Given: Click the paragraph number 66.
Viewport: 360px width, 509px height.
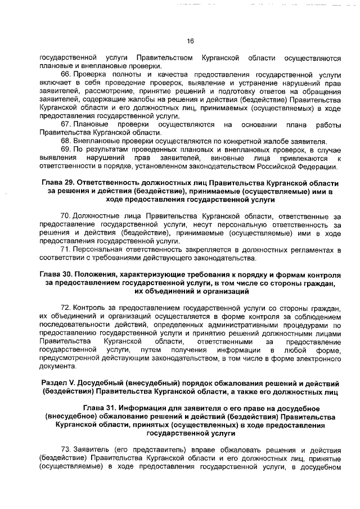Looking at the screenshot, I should (x=65, y=74).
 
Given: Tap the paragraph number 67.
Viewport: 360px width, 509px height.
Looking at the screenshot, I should (x=65, y=123).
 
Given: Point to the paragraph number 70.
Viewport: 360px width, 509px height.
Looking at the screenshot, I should (x=65, y=216).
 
